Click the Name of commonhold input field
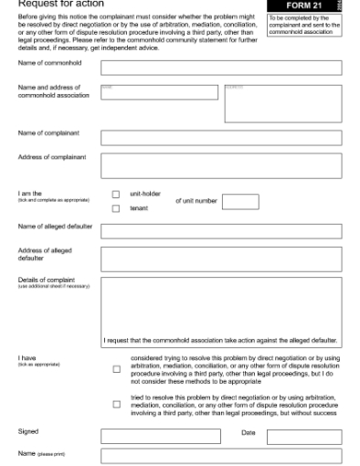click(221, 67)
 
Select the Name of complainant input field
click(221, 138)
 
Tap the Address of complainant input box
click(221, 165)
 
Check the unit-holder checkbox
click(116, 194)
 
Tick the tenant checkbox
click(116, 208)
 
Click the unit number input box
click(240, 201)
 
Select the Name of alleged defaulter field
click(221, 230)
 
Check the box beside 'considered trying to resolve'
click(116, 369)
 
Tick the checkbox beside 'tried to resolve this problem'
click(116, 403)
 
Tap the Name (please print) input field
click(221, 455)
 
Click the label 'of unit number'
click(195, 201)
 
